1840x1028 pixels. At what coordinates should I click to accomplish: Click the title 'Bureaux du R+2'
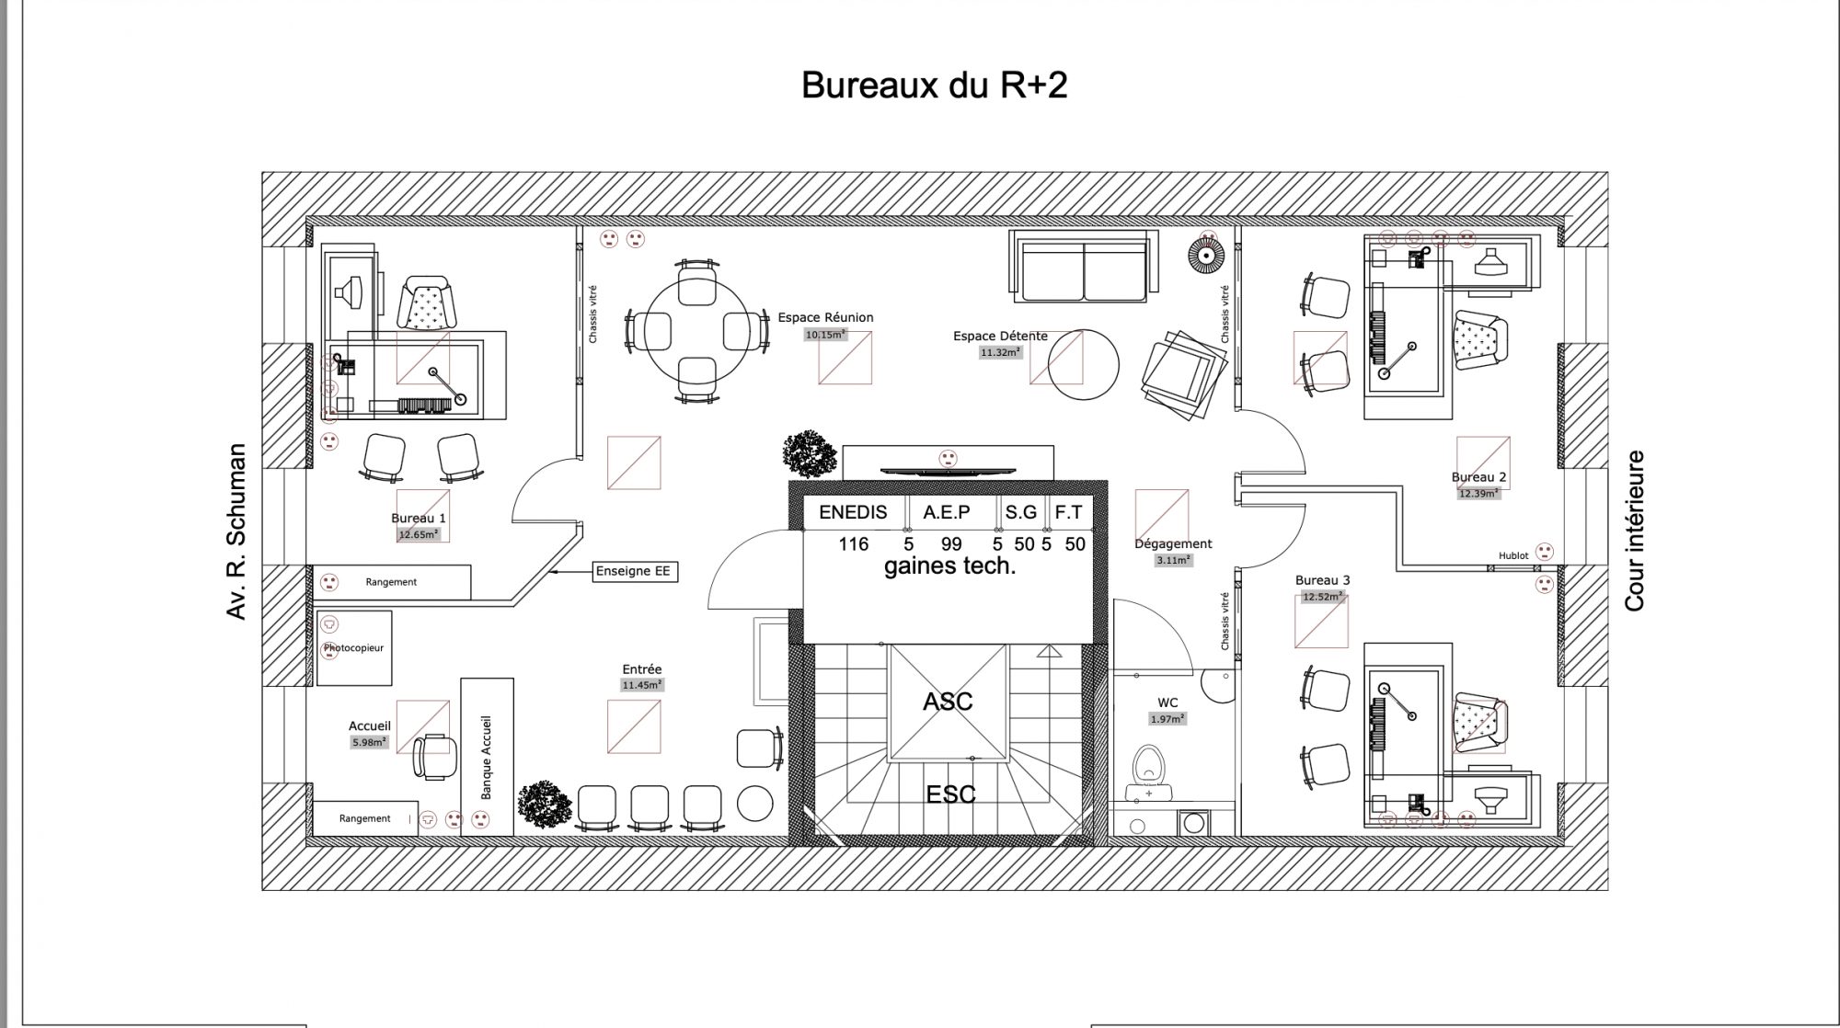pos(934,86)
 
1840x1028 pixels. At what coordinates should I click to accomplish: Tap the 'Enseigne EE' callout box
pos(633,571)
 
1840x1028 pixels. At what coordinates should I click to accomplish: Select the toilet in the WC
pos(1147,771)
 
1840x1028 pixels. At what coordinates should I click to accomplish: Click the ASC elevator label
pos(948,702)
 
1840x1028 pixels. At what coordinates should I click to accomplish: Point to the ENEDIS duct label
pos(853,512)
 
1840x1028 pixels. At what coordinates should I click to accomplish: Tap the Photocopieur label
pos(353,648)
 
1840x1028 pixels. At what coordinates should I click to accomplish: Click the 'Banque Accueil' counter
pos(487,757)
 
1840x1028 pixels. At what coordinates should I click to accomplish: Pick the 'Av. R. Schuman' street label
pos(236,531)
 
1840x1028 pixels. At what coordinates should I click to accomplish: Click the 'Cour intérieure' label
pos(1634,531)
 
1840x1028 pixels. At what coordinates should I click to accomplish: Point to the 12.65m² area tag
pos(419,534)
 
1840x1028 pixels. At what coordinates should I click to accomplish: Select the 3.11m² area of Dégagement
pos(1173,560)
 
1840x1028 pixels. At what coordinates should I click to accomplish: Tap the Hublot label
pos(1513,556)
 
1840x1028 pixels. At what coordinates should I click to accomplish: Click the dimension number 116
pos(853,544)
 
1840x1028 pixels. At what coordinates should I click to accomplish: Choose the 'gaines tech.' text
pos(950,566)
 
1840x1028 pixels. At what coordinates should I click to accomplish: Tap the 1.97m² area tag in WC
pos(1167,719)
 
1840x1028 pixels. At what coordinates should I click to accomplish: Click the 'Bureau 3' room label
pos(1322,580)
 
